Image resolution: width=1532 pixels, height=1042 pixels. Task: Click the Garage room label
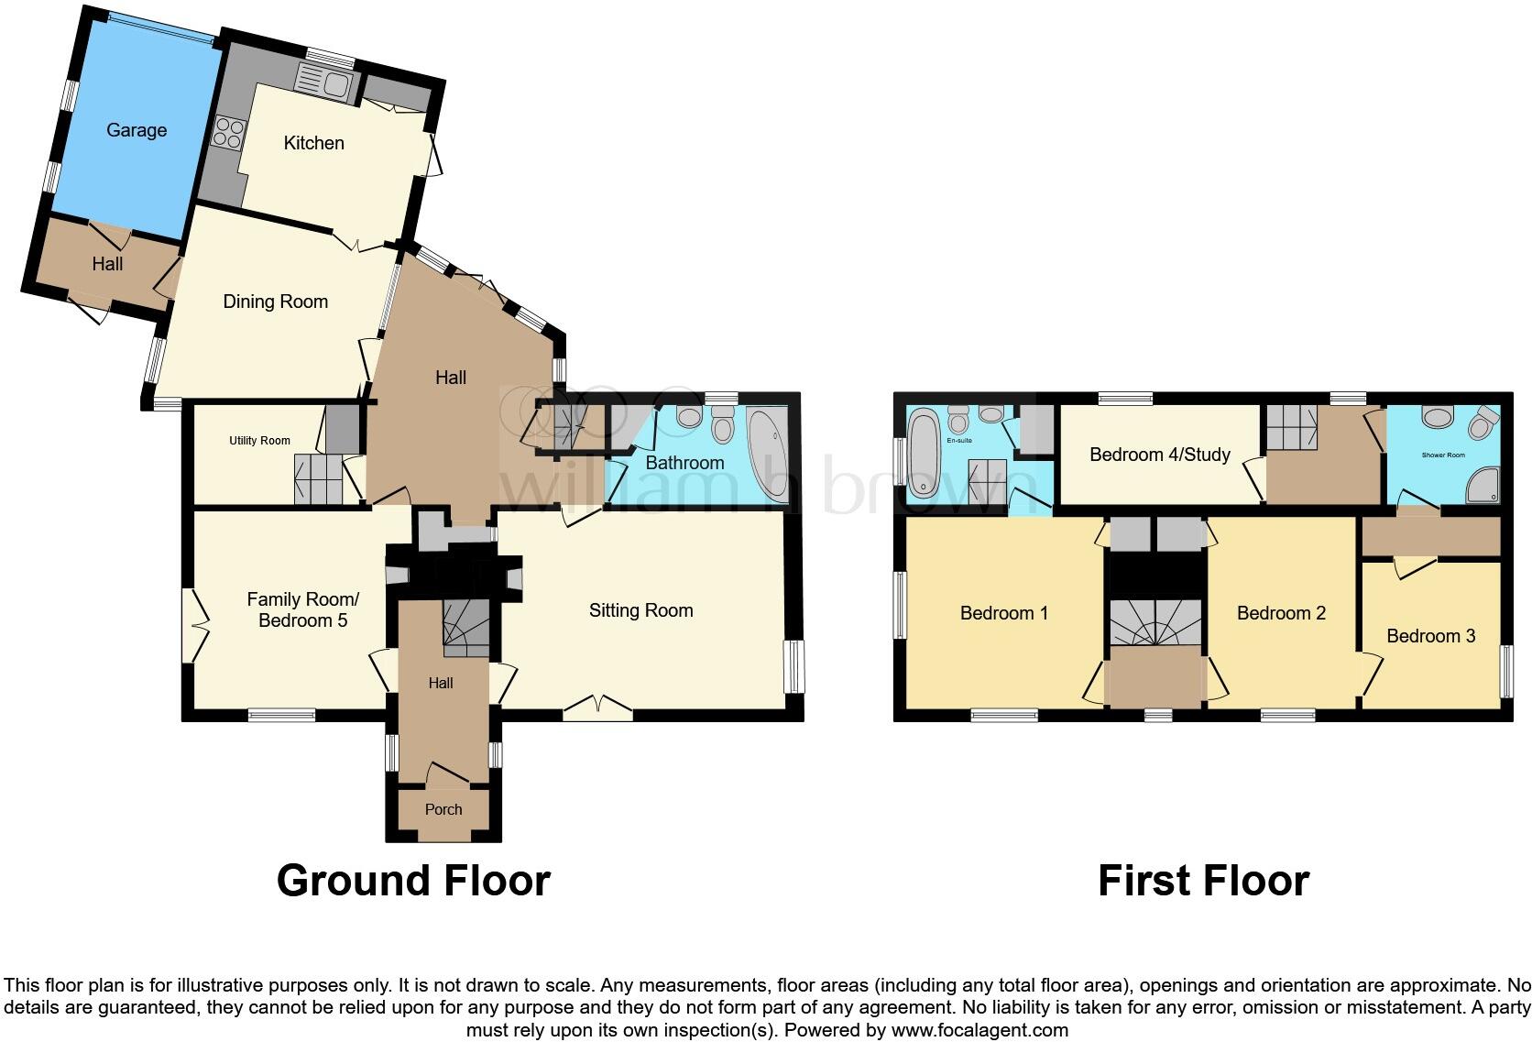137,130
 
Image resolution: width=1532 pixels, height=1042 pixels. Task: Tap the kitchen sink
323,84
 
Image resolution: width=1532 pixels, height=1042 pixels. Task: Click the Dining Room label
275,302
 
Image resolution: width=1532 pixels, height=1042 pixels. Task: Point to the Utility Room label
259,441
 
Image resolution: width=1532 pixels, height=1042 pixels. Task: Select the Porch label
443,810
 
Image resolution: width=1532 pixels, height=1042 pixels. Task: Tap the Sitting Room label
640,610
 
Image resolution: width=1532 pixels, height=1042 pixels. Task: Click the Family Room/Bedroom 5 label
302,609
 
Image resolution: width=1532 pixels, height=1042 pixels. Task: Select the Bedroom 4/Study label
1159,455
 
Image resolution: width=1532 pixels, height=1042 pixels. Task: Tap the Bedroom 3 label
1430,636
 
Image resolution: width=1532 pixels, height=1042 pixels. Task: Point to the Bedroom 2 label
1281,613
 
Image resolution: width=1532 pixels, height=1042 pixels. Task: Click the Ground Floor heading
413,881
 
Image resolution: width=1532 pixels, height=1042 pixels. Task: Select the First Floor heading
1203,881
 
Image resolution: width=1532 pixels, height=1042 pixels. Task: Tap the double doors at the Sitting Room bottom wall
597,707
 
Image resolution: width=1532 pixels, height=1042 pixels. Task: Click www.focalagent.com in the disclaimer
979,1030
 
